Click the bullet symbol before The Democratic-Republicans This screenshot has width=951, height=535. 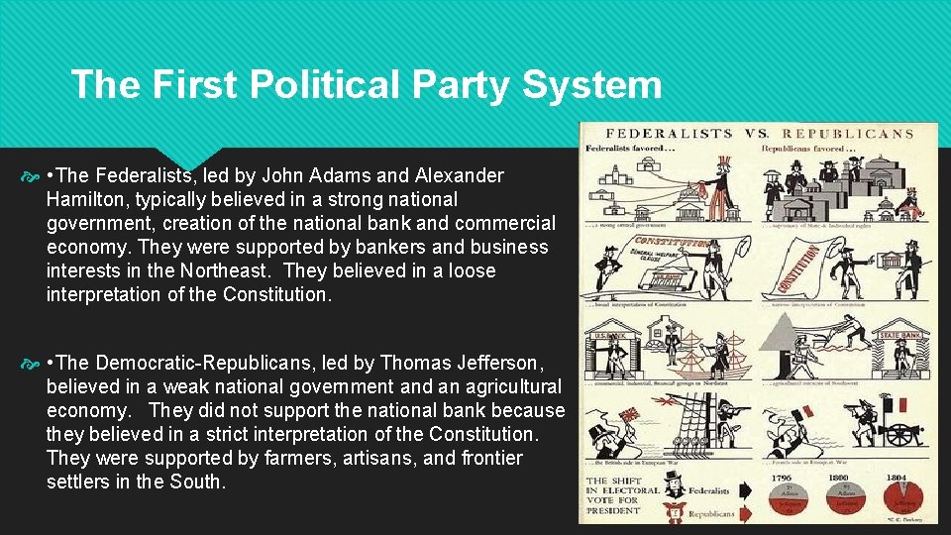pyautogui.click(x=35, y=363)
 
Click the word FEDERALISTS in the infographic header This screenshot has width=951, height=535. pyautogui.click(x=669, y=133)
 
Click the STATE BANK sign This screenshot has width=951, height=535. pyautogui.click(x=901, y=336)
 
